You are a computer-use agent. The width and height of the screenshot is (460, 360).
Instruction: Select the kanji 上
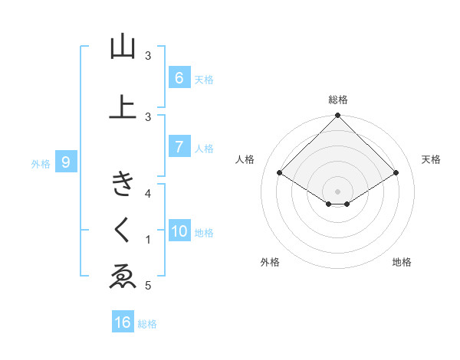pyautogui.click(x=123, y=108)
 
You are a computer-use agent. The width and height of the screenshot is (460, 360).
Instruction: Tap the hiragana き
pyautogui.click(x=123, y=184)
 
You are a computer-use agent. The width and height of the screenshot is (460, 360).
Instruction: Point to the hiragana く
pyautogui.click(x=123, y=230)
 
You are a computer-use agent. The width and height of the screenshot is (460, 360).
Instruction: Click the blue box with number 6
pyautogui.click(x=179, y=77)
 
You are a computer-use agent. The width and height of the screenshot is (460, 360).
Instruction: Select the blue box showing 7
pyautogui.click(x=179, y=147)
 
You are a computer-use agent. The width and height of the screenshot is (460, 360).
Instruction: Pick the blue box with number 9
pyautogui.click(x=66, y=162)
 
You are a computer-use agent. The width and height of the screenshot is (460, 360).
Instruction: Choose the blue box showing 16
pyautogui.click(x=123, y=322)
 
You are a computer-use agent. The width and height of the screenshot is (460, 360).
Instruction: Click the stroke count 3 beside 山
pyautogui.click(x=149, y=56)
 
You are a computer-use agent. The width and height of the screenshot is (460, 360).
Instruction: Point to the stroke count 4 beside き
pyautogui.click(x=149, y=193)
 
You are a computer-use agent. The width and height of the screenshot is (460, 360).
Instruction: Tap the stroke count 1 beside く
pyautogui.click(x=149, y=240)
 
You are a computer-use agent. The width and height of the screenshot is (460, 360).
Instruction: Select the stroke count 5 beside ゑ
pyautogui.click(x=149, y=286)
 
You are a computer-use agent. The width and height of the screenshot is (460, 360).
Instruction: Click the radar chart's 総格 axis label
pyautogui.click(x=338, y=100)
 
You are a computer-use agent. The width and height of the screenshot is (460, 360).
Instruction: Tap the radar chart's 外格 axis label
pyautogui.click(x=270, y=262)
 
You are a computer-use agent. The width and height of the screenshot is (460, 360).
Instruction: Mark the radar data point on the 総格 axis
pyautogui.click(x=338, y=116)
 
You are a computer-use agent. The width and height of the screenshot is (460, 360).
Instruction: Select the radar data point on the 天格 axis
pyautogui.click(x=396, y=174)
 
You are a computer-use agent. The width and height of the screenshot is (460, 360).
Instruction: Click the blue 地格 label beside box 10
pyautogui.click(x=205, y=233)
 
